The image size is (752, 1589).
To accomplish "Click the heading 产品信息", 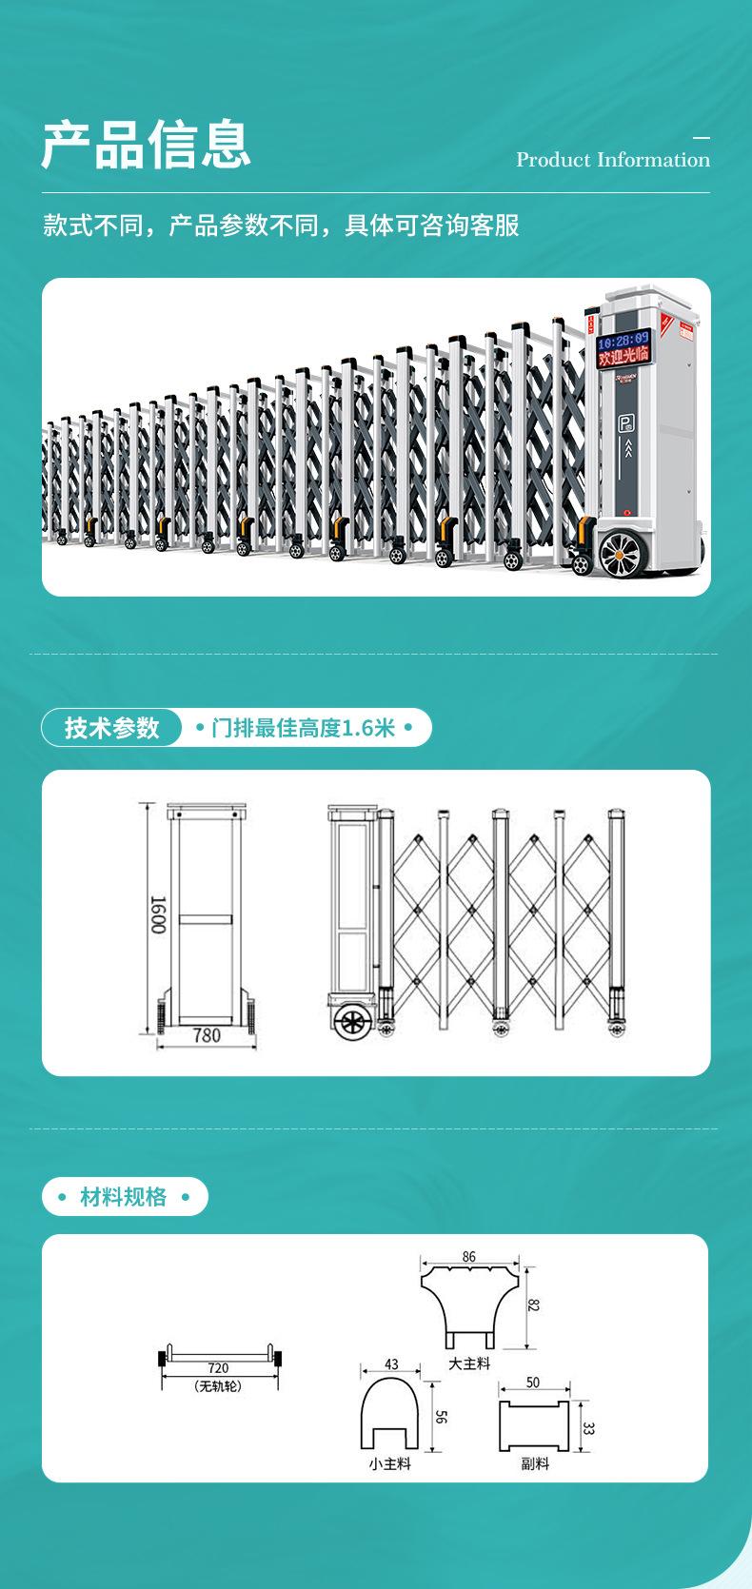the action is (146, 145).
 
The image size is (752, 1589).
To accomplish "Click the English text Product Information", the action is (613, 160).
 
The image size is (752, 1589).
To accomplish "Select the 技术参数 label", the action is (112, 728).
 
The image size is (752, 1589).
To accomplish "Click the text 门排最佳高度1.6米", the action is (304, 729).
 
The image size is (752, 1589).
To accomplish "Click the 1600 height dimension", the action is (158, 914).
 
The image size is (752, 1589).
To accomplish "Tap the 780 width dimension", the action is (207, 1036).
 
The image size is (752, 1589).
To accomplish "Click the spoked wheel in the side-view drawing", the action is (352, 1024).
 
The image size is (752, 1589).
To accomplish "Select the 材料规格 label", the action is (124, 1197).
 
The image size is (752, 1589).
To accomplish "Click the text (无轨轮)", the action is (218, 1386).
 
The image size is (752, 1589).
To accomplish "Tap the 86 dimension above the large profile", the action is (469, 1257).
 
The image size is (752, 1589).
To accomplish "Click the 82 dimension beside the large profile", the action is (534, 1305).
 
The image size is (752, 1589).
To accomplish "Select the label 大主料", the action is (469, 1363).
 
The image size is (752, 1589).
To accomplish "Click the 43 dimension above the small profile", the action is (391, 1364).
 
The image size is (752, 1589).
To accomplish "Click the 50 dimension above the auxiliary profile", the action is (533, 1383).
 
